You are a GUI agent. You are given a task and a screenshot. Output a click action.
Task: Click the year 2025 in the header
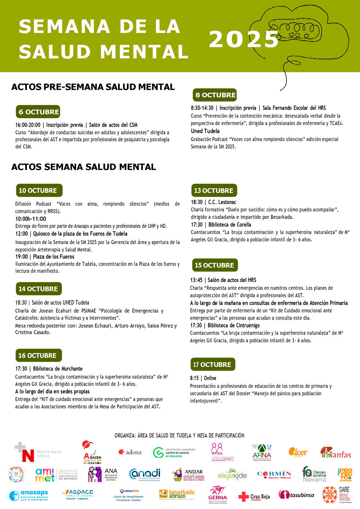click(x=244, y=39)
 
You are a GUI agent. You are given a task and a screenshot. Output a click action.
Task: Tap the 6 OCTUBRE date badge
click(x=38, y=112)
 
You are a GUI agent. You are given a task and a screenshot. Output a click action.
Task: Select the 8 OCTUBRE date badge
click(x=215, y=95)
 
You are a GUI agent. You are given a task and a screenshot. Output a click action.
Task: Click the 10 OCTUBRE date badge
click(x=39, y=191)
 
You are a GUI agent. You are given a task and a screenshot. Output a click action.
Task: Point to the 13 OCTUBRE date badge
click(x=214, y=191)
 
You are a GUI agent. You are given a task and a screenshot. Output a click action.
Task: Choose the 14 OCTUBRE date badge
click(x=38, y=289)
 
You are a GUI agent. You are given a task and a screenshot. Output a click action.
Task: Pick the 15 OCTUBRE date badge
click(x=214, y=265)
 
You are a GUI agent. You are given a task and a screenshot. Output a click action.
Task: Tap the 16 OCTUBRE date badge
click(x=38, y=355)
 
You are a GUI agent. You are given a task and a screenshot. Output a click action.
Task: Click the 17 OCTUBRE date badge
click(x=212, y=364)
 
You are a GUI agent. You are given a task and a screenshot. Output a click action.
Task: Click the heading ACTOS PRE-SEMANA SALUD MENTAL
click(x=93, y=87)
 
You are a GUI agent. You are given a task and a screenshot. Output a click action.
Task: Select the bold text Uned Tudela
click(x=205, y=131)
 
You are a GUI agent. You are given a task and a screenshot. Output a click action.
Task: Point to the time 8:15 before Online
click(x=194, y=378)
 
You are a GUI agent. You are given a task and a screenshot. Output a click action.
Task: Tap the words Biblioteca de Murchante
click(x=58, y=369)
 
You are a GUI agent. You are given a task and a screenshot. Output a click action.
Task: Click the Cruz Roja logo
click(x=254, y=496)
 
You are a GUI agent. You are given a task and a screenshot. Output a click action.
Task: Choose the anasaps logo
click(x=29, y=495)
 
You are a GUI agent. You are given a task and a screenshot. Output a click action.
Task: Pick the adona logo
click(x=130, y=452)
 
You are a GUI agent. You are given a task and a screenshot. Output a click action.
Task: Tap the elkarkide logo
click(x=232, y=475)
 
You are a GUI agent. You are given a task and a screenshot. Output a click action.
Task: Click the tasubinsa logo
click(x=296, y=495)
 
